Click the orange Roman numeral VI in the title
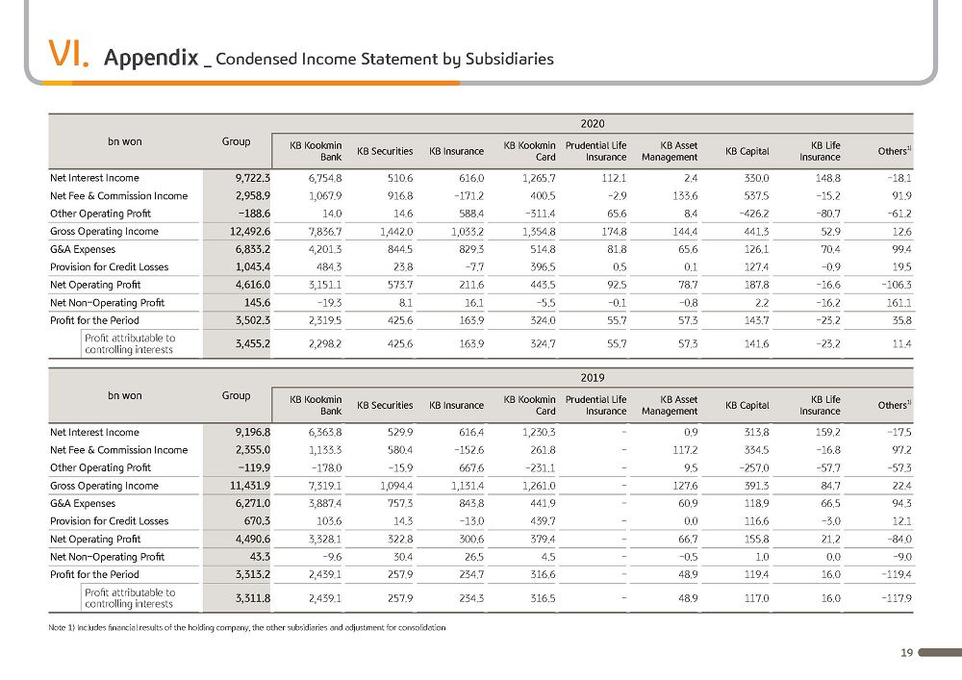[68, 53]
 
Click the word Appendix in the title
[151, 58]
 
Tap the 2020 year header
[592, 124]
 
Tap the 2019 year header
[592, 378]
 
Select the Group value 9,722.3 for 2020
[253, 178]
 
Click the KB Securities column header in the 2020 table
[385, 151]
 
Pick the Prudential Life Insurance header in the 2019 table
[595, 405]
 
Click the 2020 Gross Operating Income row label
[104, 231]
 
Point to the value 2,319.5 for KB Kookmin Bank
[325, 320]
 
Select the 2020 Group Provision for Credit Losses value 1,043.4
[253, 266]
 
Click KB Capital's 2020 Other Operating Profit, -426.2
[752, 214]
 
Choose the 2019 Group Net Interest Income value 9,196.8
[253, 432]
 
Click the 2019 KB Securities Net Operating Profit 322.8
[400, 539]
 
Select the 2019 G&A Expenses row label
[83, 503]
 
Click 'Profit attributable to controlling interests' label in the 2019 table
[130, 598]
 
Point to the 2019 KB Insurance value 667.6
[471, 467]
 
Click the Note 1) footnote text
[247, 627]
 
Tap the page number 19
[907, 653]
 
